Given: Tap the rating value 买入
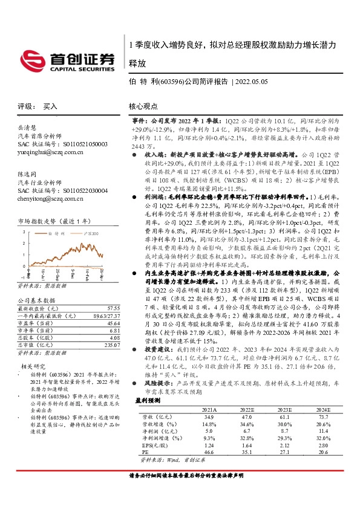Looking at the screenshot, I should coord(50,106).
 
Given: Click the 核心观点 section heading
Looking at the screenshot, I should coord(143,106).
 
